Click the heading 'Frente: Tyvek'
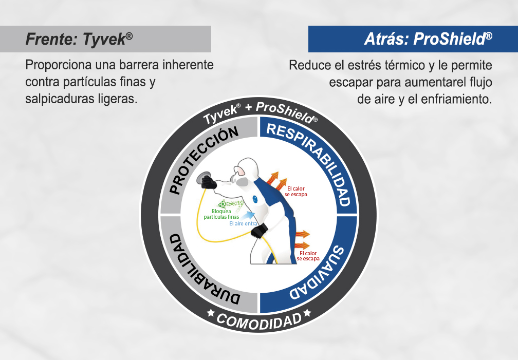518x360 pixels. point(79,39)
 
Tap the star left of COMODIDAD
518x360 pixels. point(210,313)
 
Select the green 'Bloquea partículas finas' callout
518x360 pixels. point(221,214)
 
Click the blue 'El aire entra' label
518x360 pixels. point(243,223)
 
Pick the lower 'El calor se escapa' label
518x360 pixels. point(308,256)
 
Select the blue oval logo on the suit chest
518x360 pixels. point(255,199)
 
